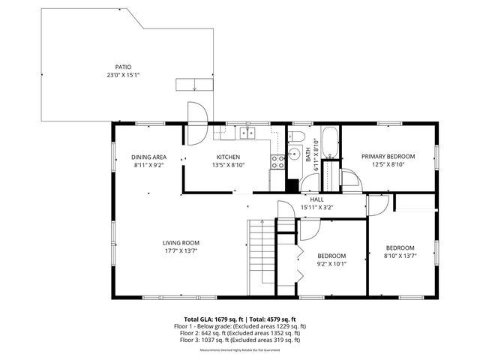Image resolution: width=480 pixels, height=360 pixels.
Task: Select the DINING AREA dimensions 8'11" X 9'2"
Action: coord(149,165)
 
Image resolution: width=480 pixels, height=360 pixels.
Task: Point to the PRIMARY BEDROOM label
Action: coord(388,156)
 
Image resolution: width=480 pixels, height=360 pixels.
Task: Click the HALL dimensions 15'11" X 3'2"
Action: coord(316,208)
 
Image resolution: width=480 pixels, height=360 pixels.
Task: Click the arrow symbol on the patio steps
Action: coord(194,84)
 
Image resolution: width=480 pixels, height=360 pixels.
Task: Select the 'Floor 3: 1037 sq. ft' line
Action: coord(240,340)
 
